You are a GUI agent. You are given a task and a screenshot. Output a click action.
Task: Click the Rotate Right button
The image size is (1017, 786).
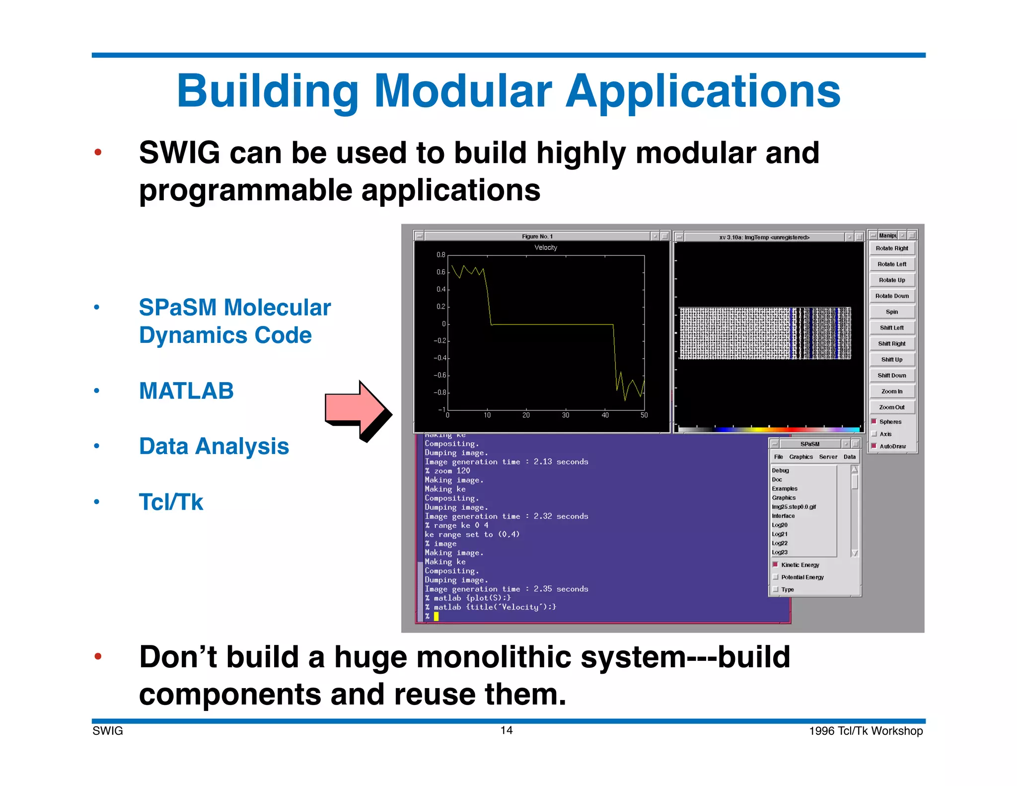click(x=891, y=248)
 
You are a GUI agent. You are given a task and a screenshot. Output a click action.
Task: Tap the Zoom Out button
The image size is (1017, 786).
click(x=891, y=407)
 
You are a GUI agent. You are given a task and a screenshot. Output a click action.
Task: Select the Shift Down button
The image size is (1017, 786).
click(x=891, y=376)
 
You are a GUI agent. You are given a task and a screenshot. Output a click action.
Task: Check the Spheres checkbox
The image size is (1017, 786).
click(x=874, y=422)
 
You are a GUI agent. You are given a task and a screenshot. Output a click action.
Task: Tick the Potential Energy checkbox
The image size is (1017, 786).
click(x=776, y=577)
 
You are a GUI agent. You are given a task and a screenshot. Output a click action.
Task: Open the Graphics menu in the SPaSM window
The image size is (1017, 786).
click(x=800, y=457)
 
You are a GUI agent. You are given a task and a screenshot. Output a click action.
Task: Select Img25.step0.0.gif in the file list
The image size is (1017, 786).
click(x=794, y=507)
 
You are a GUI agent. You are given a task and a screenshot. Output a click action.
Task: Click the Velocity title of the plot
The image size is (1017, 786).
click(x=545, y=247)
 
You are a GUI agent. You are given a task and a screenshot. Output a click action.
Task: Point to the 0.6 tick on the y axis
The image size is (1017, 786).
click(x=441, y=272)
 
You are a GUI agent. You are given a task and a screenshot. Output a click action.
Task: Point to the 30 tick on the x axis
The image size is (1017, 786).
click(x=565, y=415)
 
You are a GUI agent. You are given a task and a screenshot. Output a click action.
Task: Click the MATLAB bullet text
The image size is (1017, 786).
click(x=186, y=391)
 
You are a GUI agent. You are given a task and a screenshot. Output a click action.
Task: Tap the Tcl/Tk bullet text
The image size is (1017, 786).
click(x=171, y=502)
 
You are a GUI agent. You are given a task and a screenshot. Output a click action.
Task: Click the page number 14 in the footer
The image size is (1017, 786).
click(x=506, y=730)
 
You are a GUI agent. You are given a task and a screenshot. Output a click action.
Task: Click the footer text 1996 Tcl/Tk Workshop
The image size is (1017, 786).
click(x=866, y=731)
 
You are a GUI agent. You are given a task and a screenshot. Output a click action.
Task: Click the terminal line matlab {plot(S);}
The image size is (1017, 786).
click(x=471, y=598)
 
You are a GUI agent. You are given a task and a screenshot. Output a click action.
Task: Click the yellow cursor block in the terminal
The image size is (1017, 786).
click(x=436, y=617)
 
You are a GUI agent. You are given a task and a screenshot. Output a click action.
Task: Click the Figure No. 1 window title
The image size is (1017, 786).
click(x=537, y=236)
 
